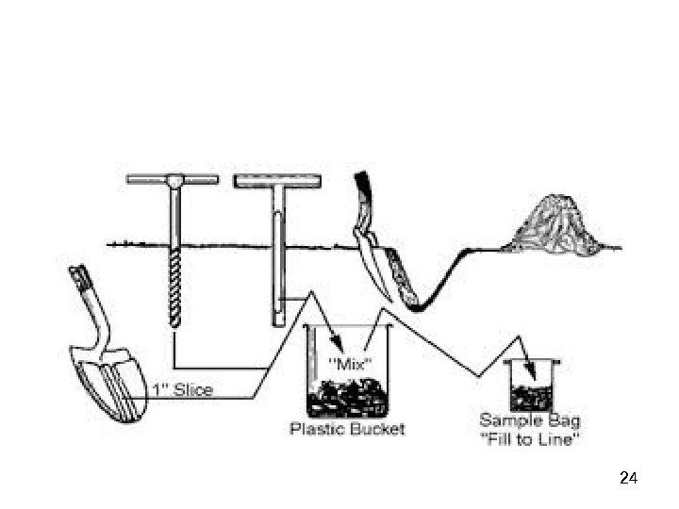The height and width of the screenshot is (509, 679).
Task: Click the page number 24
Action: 630,478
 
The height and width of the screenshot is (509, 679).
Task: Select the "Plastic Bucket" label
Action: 346,430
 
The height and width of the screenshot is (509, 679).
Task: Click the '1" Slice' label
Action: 183,389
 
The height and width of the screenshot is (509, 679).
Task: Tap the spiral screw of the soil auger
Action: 176,283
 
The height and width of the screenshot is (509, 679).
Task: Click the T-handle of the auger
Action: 173,179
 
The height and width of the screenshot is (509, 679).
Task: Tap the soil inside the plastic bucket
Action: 346,397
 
